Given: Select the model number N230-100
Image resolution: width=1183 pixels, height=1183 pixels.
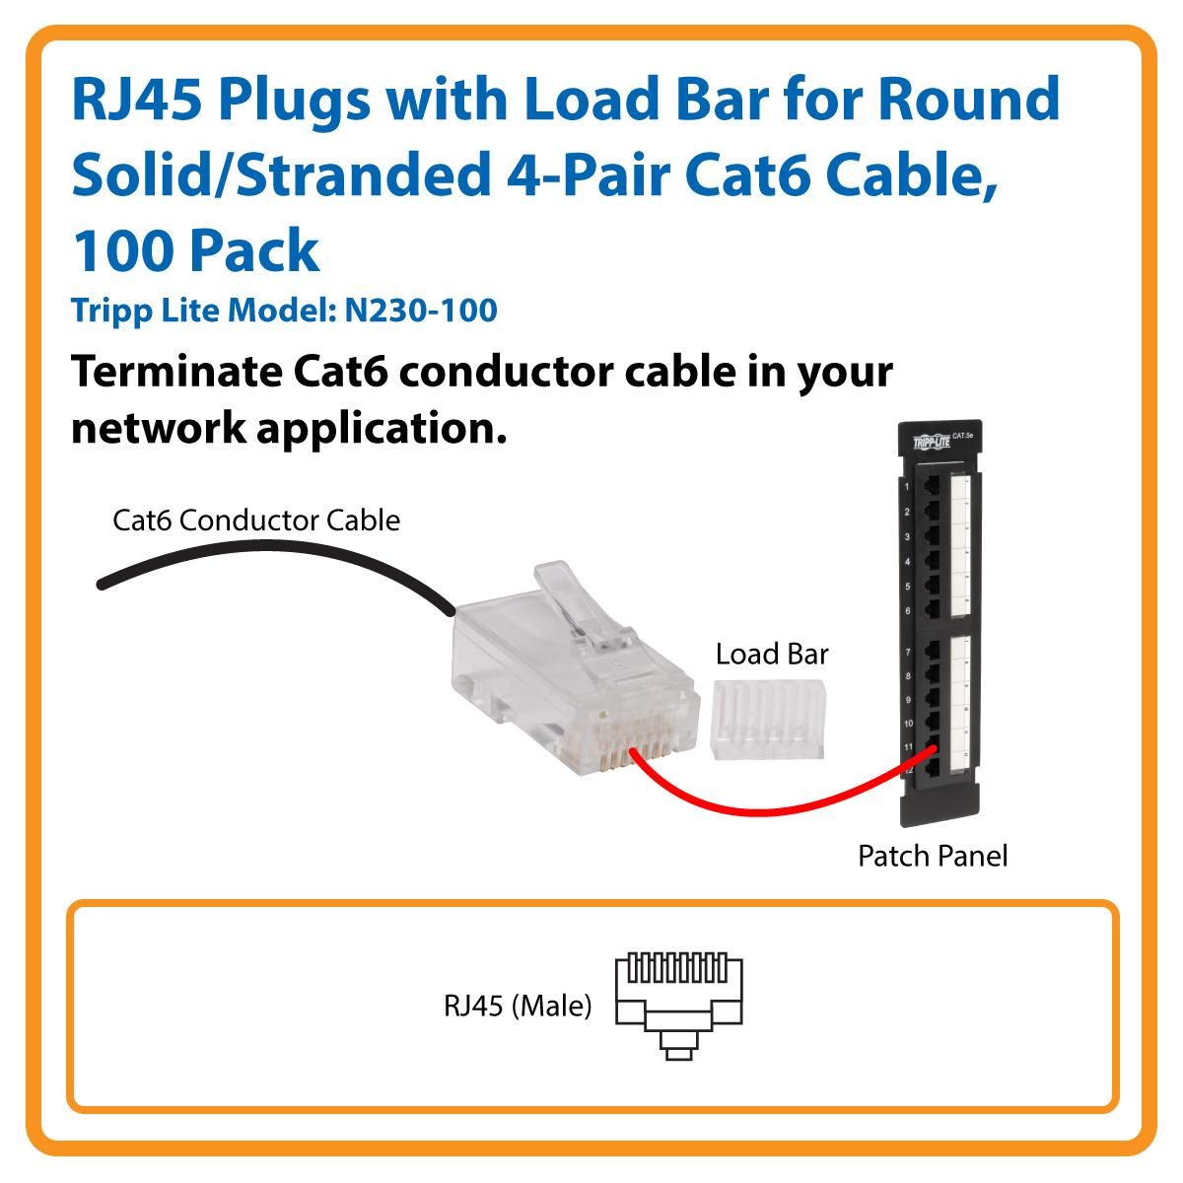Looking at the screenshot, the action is click(421, 311).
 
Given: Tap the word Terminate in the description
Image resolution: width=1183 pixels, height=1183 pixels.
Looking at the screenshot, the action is click(173, 372).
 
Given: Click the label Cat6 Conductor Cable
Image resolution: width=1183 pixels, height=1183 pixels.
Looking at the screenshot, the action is click(256, 520).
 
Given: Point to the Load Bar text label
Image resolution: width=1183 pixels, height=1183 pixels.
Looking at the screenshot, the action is click(772, 653).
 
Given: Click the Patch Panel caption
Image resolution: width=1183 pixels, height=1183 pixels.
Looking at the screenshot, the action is click(933, 855).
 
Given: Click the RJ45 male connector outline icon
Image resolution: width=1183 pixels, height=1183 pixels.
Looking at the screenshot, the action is click(677, 1006).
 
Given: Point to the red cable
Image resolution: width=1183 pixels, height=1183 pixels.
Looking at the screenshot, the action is click(769, 806).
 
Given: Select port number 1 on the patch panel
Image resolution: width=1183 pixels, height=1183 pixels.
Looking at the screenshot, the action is click(905, 488).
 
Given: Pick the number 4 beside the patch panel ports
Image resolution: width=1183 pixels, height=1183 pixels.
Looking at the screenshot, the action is click(905, 562).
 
